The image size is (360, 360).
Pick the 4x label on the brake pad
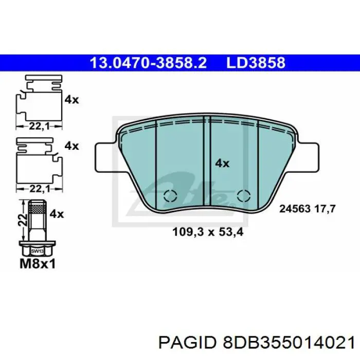click(x=222, y=163)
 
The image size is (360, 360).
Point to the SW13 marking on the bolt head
click(x=37, y=251)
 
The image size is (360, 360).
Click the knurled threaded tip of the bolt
click(x=37, y=209)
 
